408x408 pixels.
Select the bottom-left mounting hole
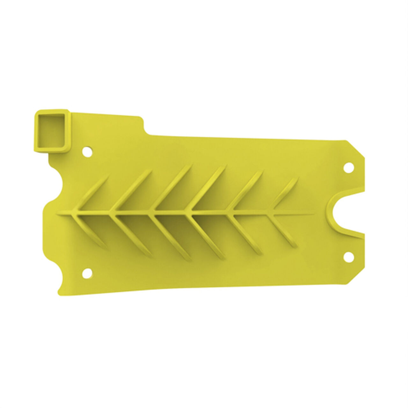pos(86,273)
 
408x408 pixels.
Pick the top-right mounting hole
pos(350,167)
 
